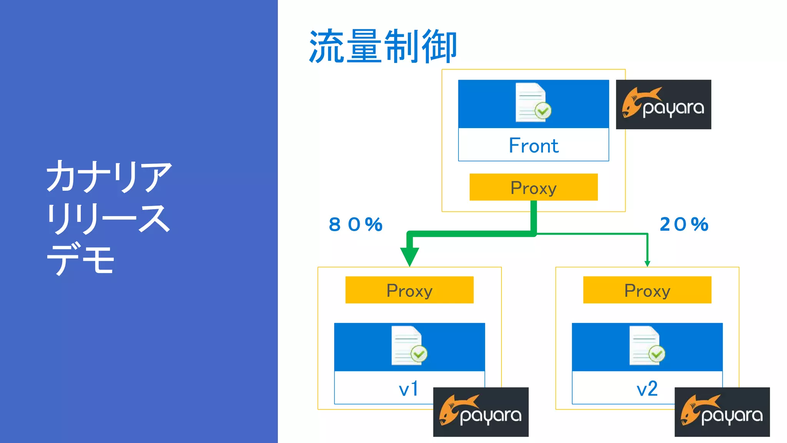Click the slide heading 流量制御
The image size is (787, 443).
pos(383,46)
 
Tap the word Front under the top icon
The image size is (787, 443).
pos(533,146)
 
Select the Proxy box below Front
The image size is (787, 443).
pos(533,187)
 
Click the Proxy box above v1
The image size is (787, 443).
pos(409,290)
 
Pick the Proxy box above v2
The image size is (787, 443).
pos(647,290)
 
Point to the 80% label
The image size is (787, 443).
pos(356,225)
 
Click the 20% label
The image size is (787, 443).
pos(684,225)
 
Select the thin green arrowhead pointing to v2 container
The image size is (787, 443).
pos(648,263)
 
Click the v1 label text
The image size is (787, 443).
pos(408,389)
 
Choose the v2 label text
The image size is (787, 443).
pos(647,389)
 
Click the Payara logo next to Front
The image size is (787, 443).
pos(663,105)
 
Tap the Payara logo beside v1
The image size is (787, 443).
pos(481,412)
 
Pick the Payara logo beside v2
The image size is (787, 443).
pos(722,412)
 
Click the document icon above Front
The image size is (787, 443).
pos(533,103)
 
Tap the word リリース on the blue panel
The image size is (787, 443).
pos(108,218)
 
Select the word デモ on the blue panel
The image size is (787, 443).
pos(81,258)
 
